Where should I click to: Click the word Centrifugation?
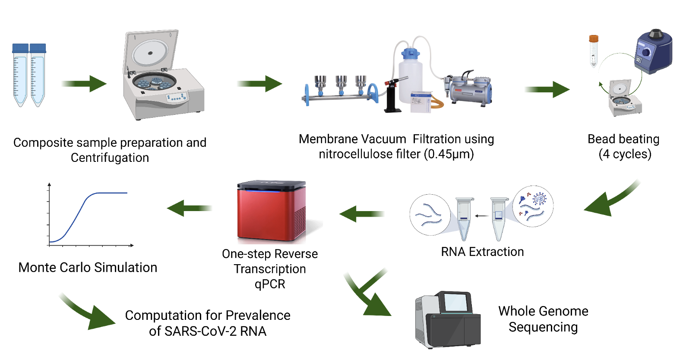coord(110,158)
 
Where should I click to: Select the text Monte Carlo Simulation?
coord(88,268)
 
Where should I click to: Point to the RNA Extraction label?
coord(482,252)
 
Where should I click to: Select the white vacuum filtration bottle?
coord(411,78)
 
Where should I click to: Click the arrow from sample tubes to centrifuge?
coord(84,83)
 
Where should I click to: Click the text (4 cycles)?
coord(625,154)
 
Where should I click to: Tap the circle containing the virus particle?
coord(533,206)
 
